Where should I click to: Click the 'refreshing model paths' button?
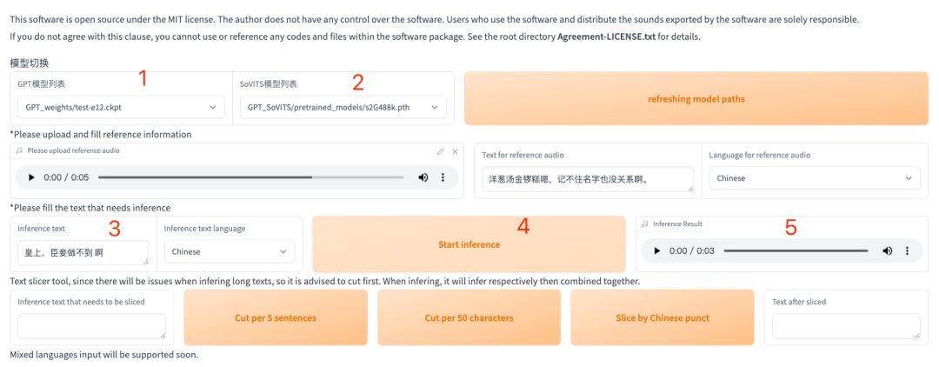click(x=696, y=99)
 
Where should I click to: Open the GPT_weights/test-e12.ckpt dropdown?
click(x=121, y=108)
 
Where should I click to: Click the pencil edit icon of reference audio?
click(x=440, y=151)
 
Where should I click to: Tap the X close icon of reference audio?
click(x=455, y=151)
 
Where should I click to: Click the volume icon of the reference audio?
click(x=423, y=177)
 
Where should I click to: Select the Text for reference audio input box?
click(x=588, y=179)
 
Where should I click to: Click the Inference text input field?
click(x=83, y=252)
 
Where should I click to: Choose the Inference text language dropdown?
click(x=230, y=251)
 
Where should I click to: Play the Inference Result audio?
click(x=657, y=250)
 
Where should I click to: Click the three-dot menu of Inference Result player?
click(x=907, y=250)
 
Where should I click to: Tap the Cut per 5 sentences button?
click(x=276, y=318)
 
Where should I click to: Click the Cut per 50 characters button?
click(x=469, y=318)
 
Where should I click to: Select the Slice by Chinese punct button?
click(x=663, y=318)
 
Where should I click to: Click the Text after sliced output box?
click(x=846, y=326)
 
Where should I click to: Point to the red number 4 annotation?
click(x=523, y=226)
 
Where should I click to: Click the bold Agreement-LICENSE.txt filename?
click(x=607, y=37)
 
